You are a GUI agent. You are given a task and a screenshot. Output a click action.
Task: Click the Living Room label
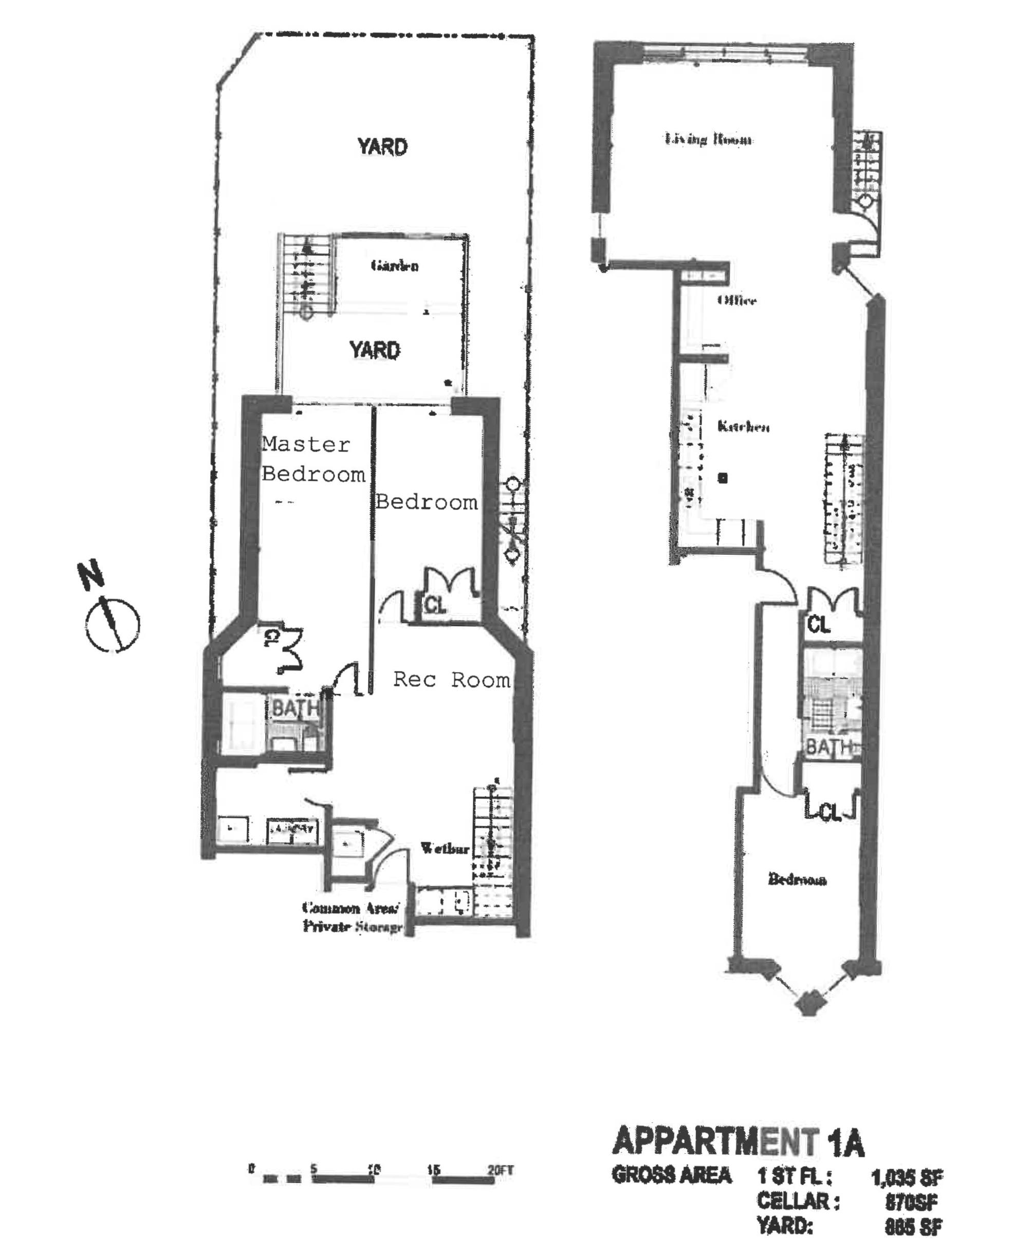708,139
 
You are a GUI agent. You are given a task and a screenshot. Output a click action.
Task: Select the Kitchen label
743,426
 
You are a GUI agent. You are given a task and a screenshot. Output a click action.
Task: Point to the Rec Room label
452,679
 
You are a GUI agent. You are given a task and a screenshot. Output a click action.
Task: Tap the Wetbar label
445,848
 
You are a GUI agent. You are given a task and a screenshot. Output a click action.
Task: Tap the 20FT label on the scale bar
500,1170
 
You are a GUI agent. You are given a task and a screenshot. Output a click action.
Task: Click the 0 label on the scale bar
252,1169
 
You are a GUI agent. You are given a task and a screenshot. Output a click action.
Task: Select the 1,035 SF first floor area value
906,1177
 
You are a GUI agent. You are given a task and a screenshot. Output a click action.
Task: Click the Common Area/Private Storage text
352,917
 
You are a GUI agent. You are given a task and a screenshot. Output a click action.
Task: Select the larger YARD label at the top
382,147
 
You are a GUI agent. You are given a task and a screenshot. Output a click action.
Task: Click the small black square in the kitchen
723,477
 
